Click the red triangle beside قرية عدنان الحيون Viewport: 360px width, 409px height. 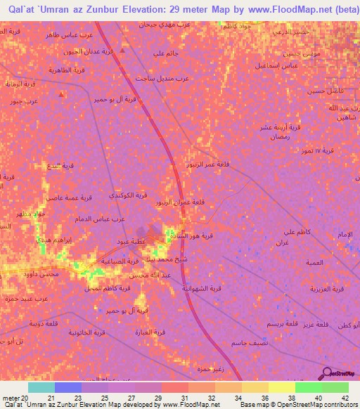click(124, 51)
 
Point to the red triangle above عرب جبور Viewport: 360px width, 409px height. click(62, 93)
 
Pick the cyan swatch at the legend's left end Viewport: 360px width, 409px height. click(41, 387)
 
